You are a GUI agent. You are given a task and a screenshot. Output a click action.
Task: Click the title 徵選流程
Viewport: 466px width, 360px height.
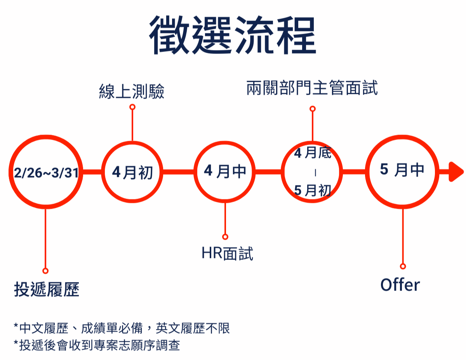click(232, 35)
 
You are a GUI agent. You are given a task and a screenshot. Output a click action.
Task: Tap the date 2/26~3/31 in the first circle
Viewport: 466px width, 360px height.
click(46, 173)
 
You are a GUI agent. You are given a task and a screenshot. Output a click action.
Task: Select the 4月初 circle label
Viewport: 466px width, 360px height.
click(132, 172)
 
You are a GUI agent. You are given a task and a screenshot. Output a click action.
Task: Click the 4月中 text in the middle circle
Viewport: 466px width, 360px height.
click(225, 171)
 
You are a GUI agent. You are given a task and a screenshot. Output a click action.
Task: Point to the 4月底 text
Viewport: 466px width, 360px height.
click(313, 153)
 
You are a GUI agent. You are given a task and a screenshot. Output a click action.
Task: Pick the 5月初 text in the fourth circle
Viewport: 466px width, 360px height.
click(313, 190)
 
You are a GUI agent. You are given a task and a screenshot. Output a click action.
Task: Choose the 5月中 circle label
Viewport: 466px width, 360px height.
click(402, 170)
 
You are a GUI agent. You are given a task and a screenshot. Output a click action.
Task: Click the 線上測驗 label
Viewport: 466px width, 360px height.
click(132, 91)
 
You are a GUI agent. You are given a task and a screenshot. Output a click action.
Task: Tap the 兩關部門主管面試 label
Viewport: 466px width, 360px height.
click(312, 88)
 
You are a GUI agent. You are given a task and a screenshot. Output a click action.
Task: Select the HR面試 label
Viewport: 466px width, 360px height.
click(227, 253)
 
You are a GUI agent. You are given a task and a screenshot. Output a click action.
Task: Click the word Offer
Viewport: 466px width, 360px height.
click(400, 285)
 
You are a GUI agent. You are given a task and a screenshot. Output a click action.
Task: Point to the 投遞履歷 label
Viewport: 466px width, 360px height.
click(47, 289)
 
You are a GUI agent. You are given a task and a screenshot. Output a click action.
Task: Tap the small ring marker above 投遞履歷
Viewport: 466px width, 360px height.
click(45, 271)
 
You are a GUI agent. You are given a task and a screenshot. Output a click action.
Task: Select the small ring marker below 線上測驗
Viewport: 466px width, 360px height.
click(132, 107)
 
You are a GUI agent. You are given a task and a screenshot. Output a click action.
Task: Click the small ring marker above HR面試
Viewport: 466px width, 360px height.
click(225, 237)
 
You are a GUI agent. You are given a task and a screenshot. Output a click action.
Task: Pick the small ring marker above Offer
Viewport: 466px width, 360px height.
click(403, 267)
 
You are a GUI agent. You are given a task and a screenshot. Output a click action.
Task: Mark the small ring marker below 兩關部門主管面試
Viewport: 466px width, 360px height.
click(313, 109)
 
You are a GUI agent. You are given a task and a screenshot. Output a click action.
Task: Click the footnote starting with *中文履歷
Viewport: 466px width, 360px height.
click(122, 328)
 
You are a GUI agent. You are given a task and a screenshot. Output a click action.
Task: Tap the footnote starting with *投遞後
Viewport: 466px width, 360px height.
click(97, 345)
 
